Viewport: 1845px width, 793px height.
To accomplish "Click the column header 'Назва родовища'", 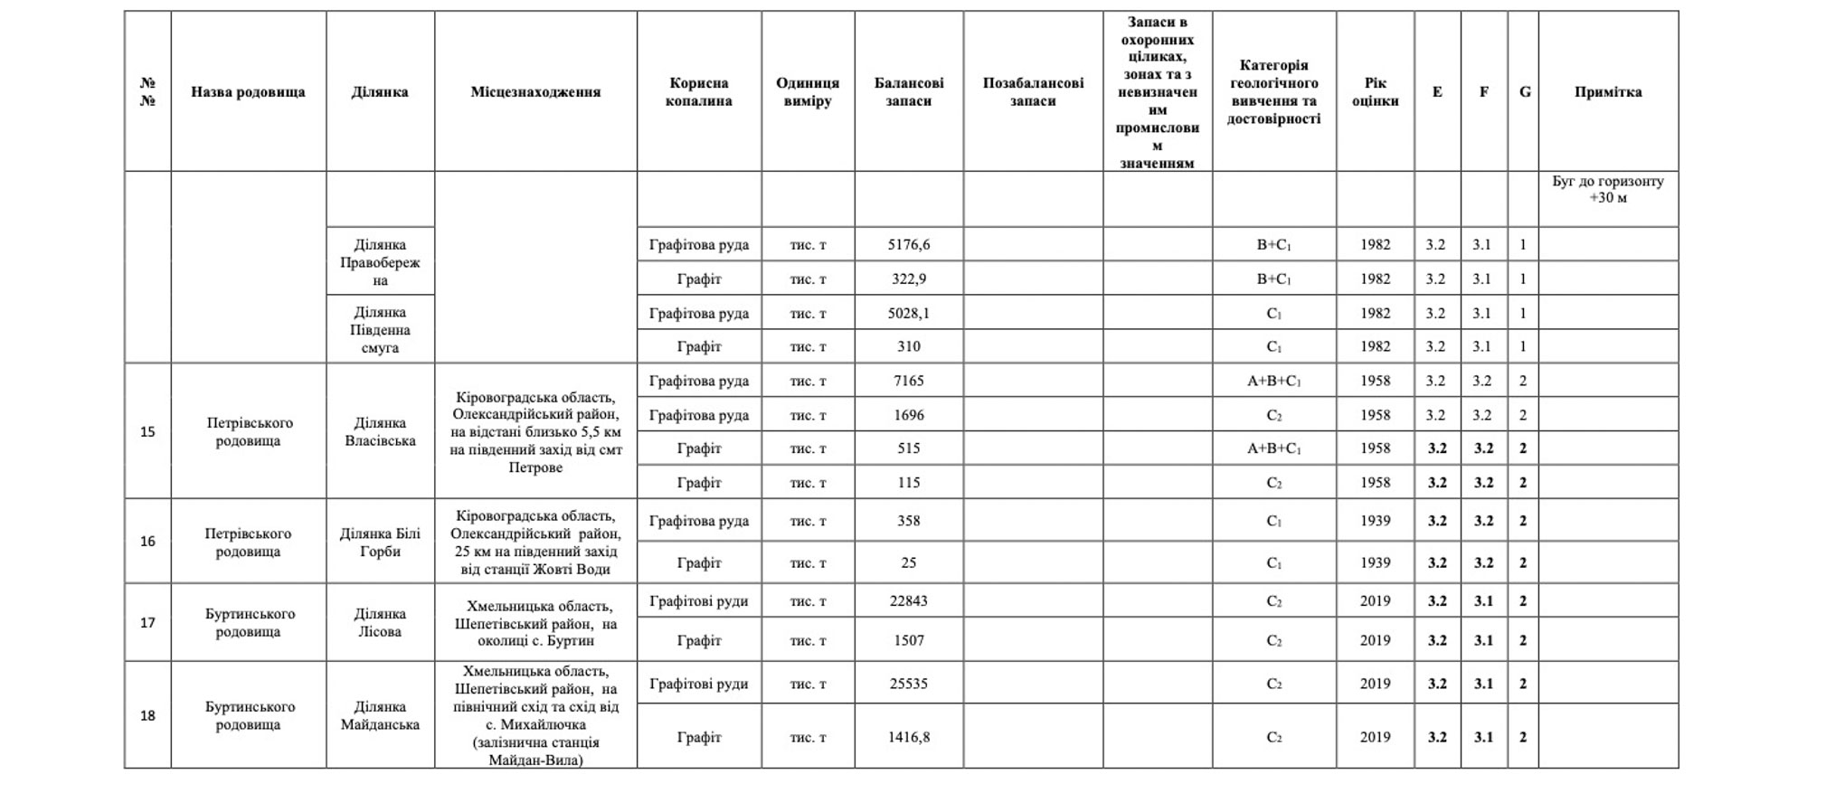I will click(248, 91).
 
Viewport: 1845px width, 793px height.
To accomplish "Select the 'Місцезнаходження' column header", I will click(535, 91).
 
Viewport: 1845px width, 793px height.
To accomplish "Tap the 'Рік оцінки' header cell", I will click(1375, 91).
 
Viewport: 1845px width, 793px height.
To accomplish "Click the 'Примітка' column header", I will click(1607, 91).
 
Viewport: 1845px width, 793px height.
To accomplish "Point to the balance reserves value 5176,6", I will click(908, 244).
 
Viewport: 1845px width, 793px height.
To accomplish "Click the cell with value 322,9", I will click(908, 278).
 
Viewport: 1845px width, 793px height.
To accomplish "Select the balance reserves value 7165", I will click(908, 381).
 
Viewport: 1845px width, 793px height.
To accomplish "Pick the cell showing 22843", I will click(908, 600).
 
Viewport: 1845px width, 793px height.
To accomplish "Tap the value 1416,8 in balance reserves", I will click(908, 737).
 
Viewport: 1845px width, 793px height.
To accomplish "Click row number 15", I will click(147, 431).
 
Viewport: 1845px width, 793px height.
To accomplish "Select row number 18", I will click(147, 715).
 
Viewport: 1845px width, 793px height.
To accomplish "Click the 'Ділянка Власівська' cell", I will click(380, 431).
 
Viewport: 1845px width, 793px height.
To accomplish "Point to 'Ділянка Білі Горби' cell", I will click(380, 542).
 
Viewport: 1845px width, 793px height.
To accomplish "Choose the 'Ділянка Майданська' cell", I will click(380, 715).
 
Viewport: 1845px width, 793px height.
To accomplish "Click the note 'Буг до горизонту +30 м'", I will click(1607, 189).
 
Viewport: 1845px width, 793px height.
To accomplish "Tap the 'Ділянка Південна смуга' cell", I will click(380, 330).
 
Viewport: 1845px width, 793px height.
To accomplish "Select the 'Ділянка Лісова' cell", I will click(380, 622).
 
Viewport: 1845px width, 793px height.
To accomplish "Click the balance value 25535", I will click(908, 684).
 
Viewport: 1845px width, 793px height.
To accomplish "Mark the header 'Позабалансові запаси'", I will click(1033, 91).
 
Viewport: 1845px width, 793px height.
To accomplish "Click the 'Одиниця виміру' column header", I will click(807, 91).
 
